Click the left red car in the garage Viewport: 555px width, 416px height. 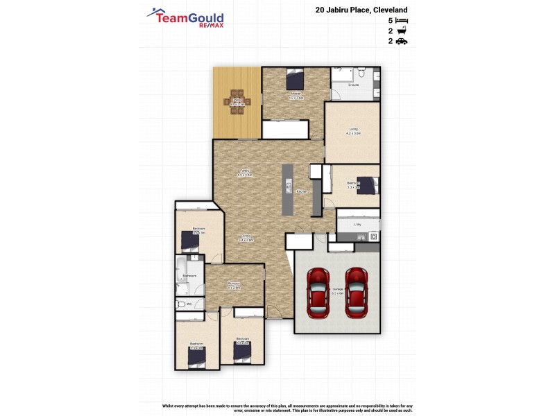[x=318, y=293]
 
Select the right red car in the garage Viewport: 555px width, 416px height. [x=355, y=293]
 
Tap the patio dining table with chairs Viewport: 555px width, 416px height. [x=237, y=101]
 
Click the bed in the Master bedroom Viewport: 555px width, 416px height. [x=295, y=79]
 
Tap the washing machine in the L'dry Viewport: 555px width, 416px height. [x=374, y=236]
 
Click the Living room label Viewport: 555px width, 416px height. [x=353, y=130]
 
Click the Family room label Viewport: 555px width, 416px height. [x=244, y=172]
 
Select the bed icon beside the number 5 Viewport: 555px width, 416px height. [x=402, y=21]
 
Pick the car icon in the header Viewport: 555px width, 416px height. [x=402, y=41]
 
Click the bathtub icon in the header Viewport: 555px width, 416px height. [x=402, y=31]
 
